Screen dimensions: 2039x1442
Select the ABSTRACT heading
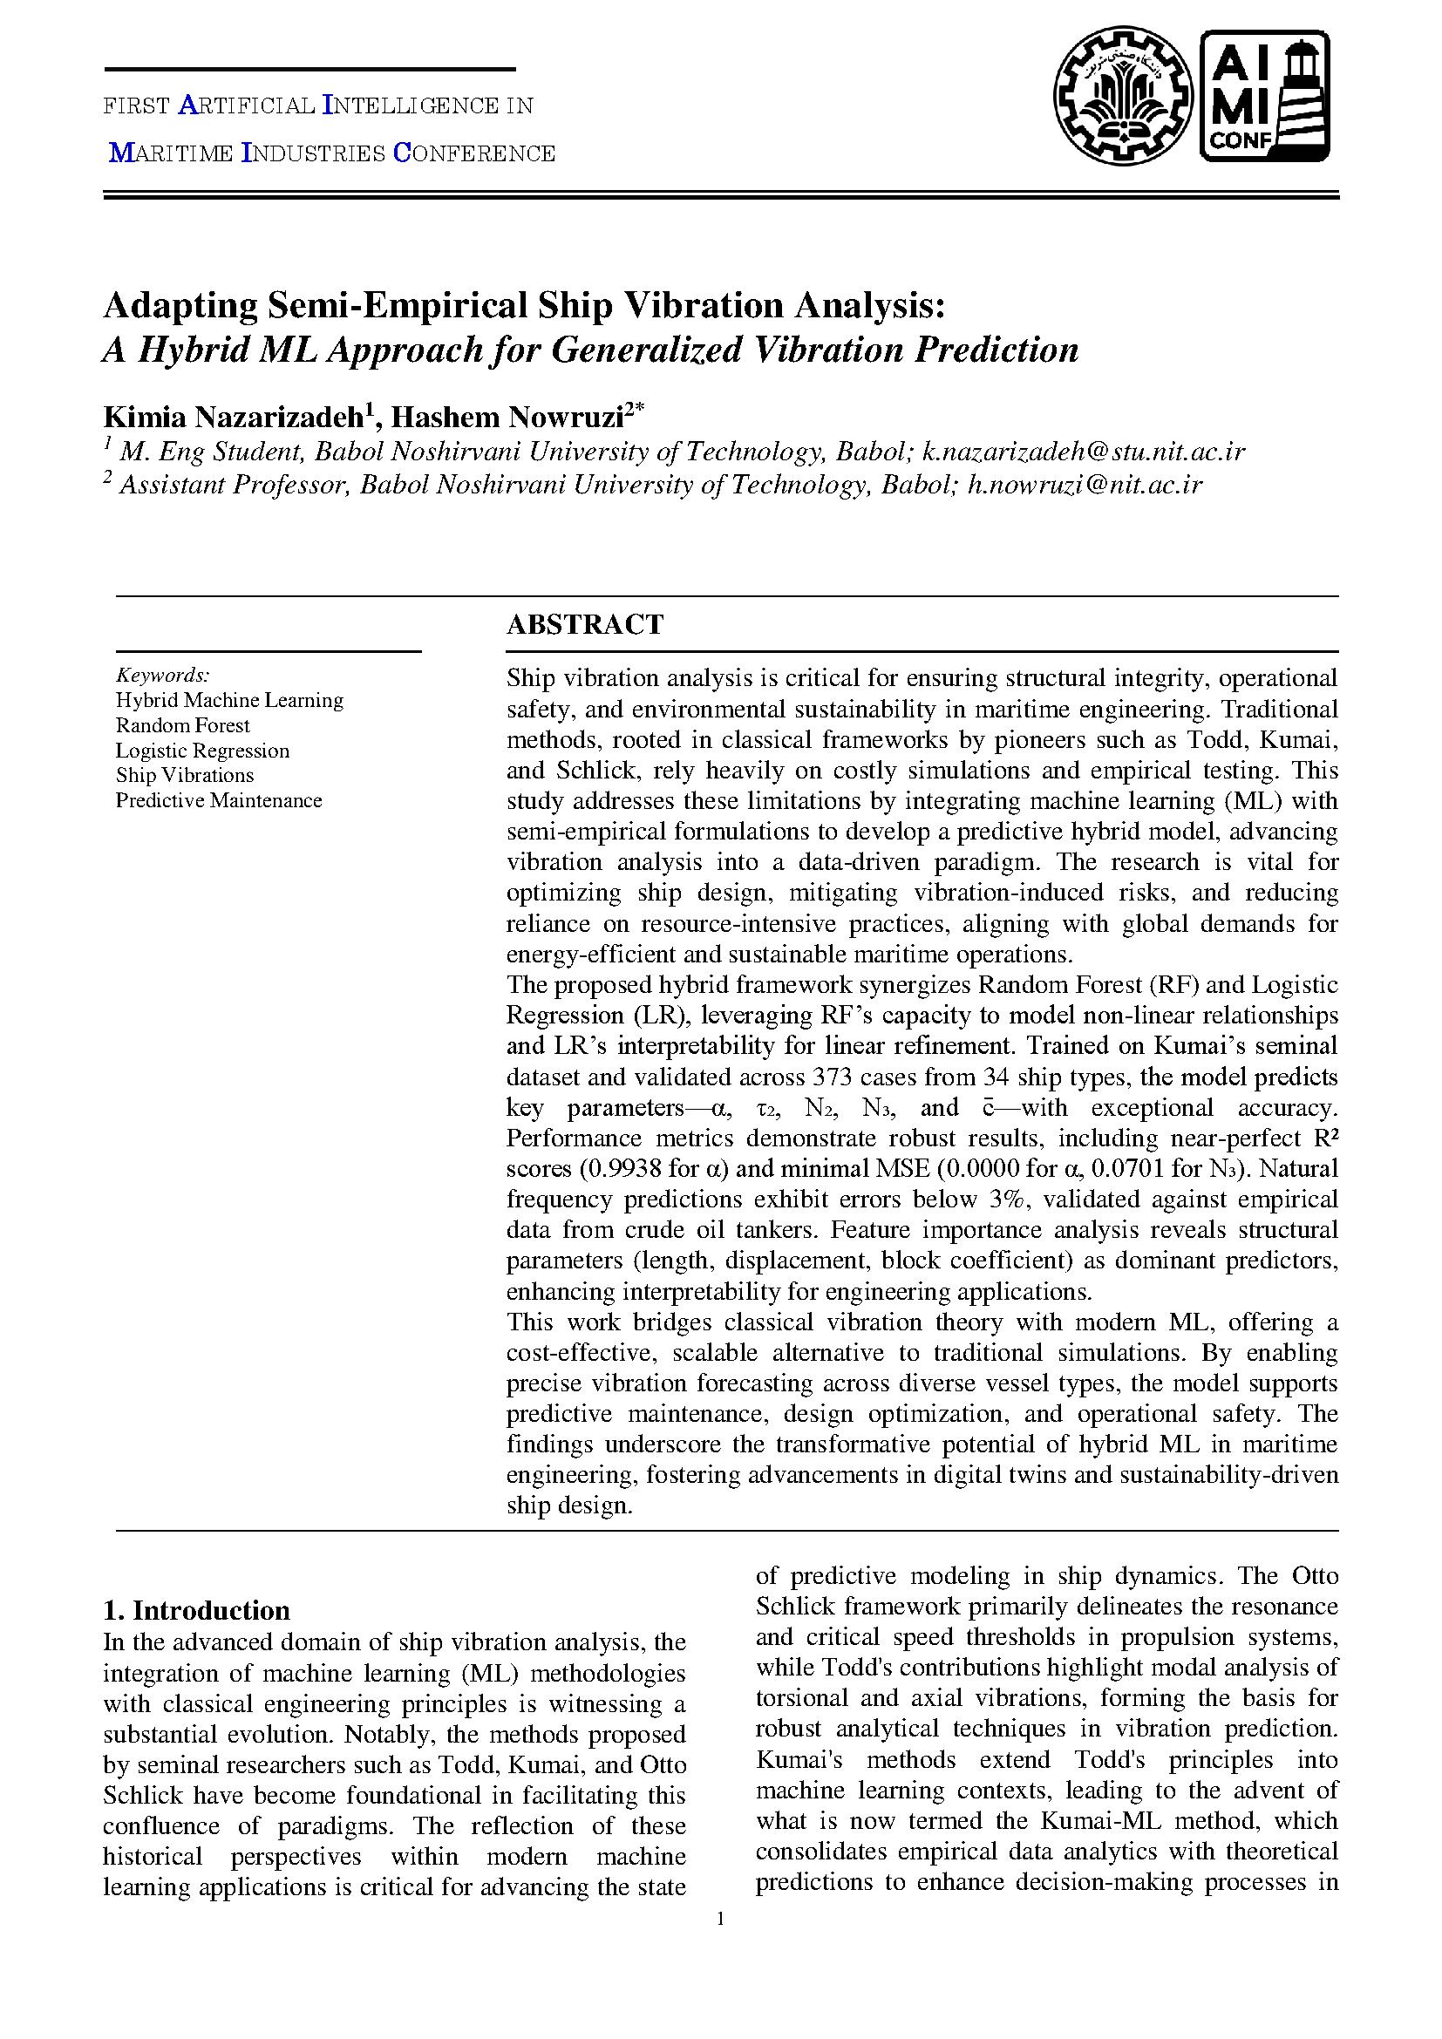coord(584,624)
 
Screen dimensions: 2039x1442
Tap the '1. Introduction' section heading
coord(196,1610)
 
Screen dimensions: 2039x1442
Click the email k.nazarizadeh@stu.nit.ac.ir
coord(1084,452)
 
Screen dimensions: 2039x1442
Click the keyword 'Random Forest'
coord(183,725)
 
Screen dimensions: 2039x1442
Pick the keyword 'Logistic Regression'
coord(202,751)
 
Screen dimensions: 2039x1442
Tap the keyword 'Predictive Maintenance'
coord(219,800)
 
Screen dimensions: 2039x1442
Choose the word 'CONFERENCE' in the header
coord(474,153)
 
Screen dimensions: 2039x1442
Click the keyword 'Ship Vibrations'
coord(185,775)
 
